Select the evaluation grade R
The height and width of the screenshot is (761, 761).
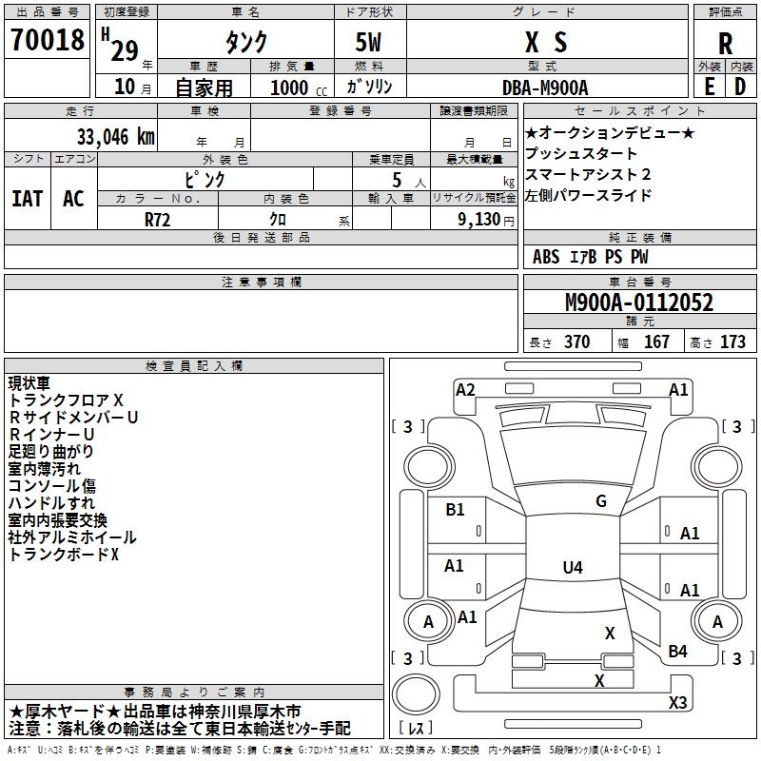click(x=726, y=43)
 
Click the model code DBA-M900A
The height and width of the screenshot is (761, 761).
click(x=545, y=88)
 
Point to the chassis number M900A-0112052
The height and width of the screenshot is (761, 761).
click(x=639, y=303)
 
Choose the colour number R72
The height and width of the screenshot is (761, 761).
click(x=158, y=218)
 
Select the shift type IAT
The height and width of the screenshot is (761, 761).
click(x=27, y=199)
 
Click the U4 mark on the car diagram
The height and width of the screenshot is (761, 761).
click(x=572, y=568)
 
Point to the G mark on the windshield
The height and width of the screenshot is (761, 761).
click(x=600, y=501)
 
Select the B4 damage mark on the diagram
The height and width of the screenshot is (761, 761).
click(x=677, y=651)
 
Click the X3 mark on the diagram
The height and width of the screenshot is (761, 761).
click(x=677, y=703)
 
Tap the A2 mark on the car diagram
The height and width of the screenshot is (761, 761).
click(x=465, y=389)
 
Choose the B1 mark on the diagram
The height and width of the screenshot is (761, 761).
click(x=456, y=510)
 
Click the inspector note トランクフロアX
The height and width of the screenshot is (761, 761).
click(x=66, y=400)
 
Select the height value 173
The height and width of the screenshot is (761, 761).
click(x=732, y=342)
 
